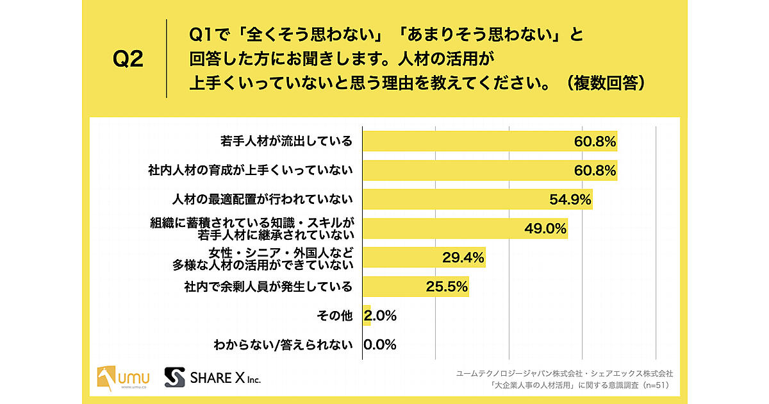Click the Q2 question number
point(128,60)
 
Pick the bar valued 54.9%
point(477,199)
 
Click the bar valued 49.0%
point(465,228)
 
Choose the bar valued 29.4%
point(424,257)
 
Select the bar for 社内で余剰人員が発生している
point(415,287)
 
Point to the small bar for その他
point(367,316)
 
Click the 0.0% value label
point(380,345)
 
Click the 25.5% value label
point(447,287)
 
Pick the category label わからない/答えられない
point(284,345)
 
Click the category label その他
point(335,316)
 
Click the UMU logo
point(122,378)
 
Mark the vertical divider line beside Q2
point(167,59)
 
